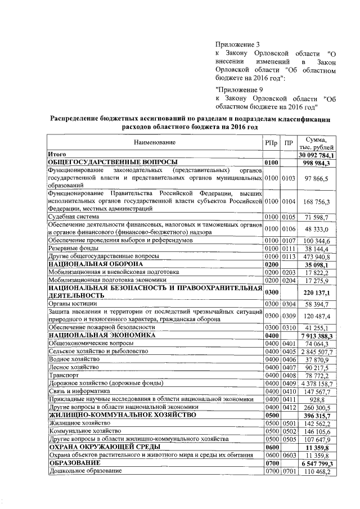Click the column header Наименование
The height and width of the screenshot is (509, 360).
click(x=154, y=143)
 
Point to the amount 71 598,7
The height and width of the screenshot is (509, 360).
click(x=317, y=217)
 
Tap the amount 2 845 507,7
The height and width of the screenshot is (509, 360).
click(x=317, y=352)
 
